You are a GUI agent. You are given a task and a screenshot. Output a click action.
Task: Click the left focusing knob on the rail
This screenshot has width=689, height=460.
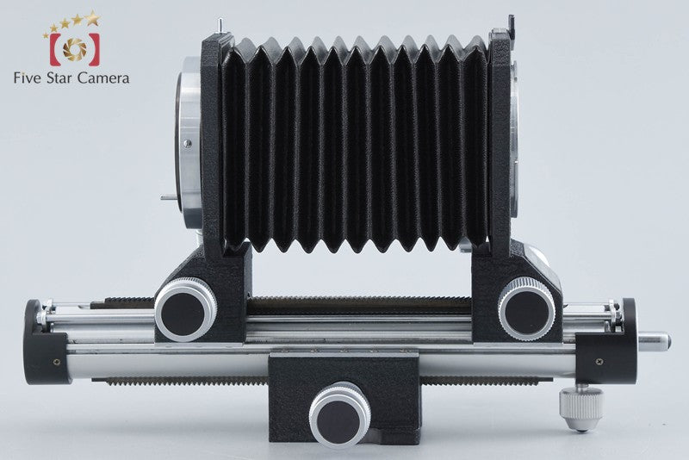185,310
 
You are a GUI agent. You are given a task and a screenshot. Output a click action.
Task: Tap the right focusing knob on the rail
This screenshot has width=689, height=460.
526,308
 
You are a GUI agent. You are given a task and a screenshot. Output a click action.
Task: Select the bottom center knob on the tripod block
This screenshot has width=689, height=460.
339,414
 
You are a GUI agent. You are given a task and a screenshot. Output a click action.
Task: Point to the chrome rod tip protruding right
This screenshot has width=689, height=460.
654,342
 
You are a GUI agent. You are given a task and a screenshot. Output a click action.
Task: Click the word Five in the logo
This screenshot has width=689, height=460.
28,78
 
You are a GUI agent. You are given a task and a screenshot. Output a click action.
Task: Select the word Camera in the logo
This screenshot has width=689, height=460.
103,78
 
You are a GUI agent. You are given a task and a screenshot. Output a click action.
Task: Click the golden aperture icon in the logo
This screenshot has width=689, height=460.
75,49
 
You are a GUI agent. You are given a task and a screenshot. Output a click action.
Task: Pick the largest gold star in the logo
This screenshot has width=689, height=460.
92,18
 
